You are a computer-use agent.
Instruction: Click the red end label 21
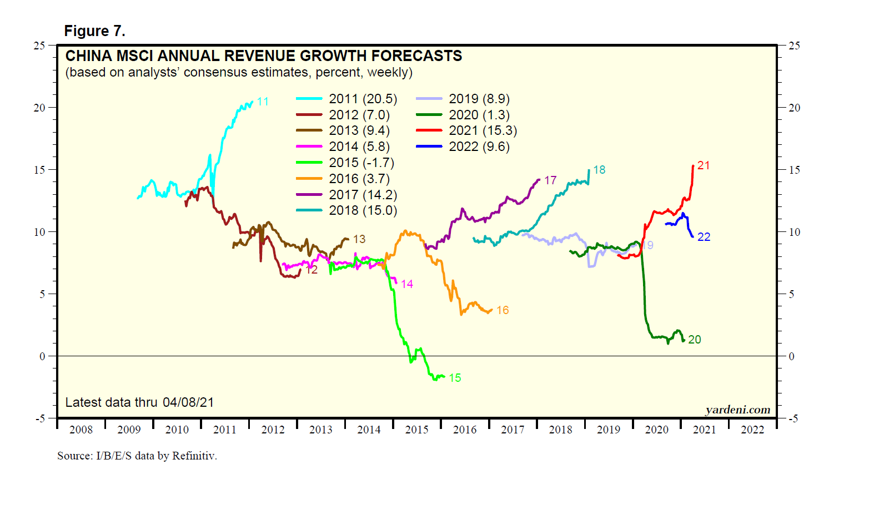click(704, 165)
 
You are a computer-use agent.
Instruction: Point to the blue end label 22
click(704, 237)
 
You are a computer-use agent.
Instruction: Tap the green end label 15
click(455, 378)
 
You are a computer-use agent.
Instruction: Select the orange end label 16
click(503, 310)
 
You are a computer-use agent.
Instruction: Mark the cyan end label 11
click(263, 102)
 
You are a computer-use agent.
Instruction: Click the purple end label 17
click(550, 180)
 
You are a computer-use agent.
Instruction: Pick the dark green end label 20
click(694, 340)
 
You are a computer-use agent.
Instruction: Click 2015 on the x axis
click(416, 430)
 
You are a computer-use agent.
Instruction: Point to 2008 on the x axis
click(81, 430)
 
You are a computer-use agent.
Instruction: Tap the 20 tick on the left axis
click(39, 108)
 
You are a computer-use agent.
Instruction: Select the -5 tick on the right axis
click(793, 418)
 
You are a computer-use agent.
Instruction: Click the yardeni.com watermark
click(737, 410)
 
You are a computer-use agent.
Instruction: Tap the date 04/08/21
click(188, 402)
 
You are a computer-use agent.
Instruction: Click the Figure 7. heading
click(95, 31)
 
